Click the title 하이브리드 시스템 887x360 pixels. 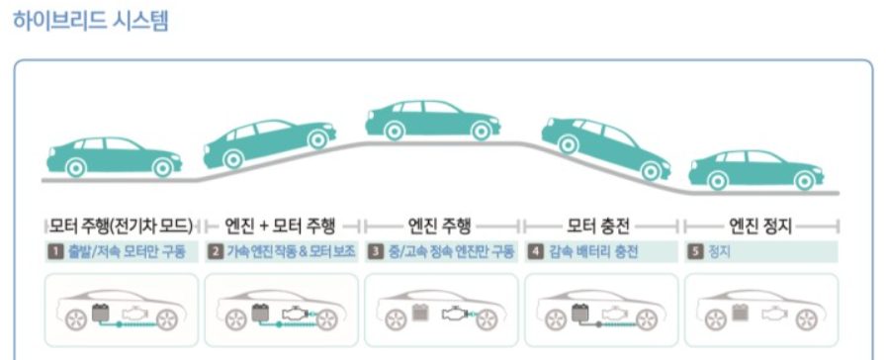click(91, 22)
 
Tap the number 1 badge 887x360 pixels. click(54, 252)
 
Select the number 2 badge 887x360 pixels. click(215, 252)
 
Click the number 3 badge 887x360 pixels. click(376, 252)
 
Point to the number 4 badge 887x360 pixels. click(535, 252)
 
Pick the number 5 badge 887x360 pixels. click(696, 252)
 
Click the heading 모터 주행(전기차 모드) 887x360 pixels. click(121, 224)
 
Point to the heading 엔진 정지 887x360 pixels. click(760, 224)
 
